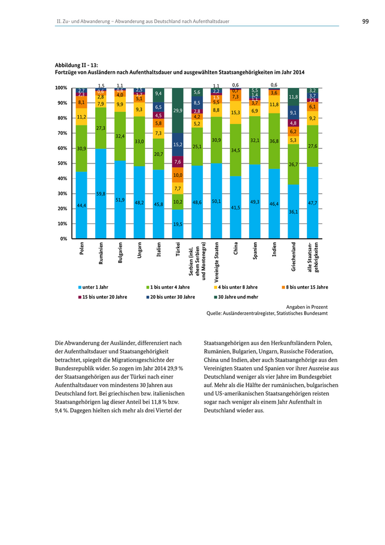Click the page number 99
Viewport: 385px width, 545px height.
coord(365,21)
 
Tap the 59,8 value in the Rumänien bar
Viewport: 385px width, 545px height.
coord(101,194)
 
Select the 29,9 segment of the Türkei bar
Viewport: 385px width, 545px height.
coord(178,111)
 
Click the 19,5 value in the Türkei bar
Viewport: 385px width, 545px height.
coord(178,224)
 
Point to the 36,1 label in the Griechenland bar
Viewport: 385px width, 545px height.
coord(293,212)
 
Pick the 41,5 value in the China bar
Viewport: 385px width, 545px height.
coord(235,208)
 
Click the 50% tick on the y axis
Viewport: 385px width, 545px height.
coord(61,163)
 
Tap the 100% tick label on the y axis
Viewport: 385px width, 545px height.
coord(61,88)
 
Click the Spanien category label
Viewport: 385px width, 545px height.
coord(255,252)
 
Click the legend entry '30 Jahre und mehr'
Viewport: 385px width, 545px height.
coord(238,297)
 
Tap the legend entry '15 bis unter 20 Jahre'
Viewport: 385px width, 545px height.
coord(105,297)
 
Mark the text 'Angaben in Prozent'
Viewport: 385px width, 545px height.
coord(307,306)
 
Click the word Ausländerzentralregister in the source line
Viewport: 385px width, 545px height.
coord(252,313)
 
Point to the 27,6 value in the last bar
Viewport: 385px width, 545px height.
coord(312,146)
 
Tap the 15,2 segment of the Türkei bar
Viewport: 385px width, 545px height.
coord(178,145)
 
